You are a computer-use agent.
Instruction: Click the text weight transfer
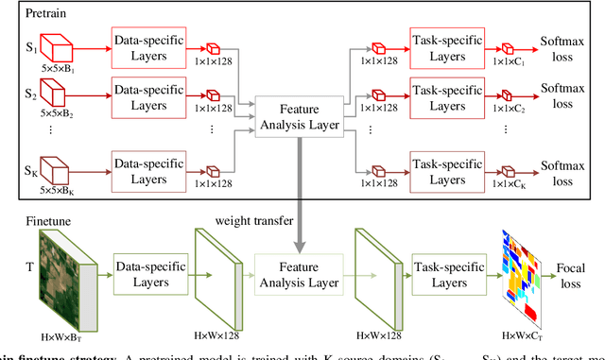pos(253,219)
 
